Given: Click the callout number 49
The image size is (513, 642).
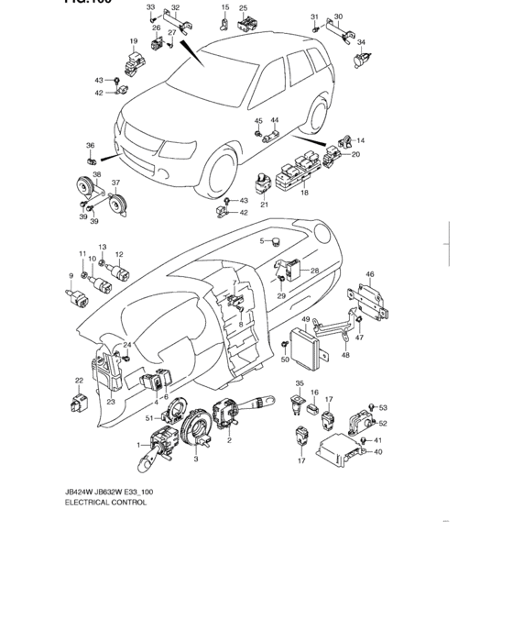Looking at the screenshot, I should (x=307, y=320).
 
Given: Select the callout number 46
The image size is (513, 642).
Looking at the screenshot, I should (x=370, y=273).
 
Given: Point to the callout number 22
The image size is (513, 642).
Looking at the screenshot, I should (x=79, y=381).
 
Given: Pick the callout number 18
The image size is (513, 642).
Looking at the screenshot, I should (x=304, y=194).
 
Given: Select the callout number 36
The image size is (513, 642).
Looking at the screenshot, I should (x=90, y=146).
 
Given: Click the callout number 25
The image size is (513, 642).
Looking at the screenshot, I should (x=243, y=8).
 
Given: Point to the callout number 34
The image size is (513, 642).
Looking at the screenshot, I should (x=361, y=42).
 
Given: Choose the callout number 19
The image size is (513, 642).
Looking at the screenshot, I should (x=133, y=41).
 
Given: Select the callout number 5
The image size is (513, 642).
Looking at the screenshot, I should (x=261, y=241).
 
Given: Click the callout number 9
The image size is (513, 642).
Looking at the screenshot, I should (x=71, y=275).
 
